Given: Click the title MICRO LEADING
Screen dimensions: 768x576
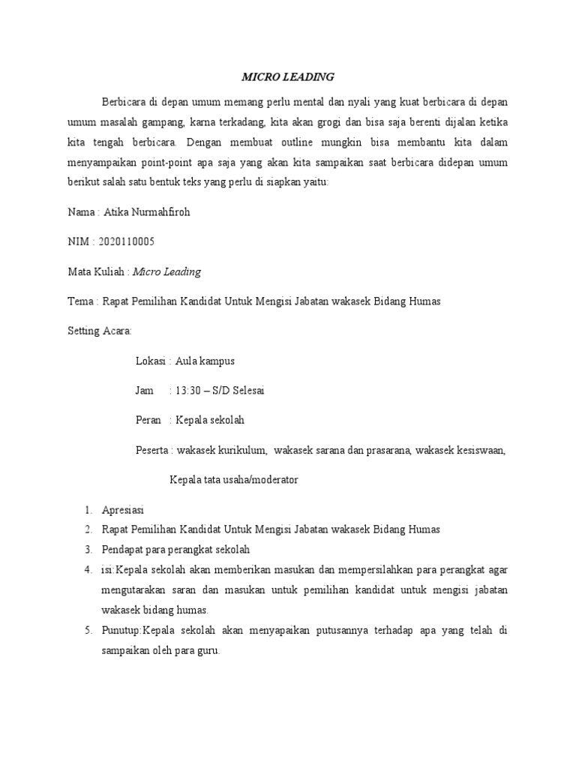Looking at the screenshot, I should pyautogui.click(x=287, y=76).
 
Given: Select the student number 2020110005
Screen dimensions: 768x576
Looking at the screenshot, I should pyautogui.click(x=127, y=241).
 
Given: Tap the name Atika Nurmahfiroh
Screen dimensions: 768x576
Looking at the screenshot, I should pyautogui.click(x=148, y=212).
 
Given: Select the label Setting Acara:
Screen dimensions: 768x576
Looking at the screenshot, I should pyautogui.click(x=100, y=331).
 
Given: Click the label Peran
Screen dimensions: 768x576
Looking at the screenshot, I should pyautogui.click(x=148, y=420).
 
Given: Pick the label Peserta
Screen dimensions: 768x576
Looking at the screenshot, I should pyautogui.click(x=152, y=450).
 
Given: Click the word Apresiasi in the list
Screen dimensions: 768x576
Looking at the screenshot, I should pyautogui.click(x=123, y=509).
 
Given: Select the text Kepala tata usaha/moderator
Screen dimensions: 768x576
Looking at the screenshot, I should pyautogui.click(x=234, y=480).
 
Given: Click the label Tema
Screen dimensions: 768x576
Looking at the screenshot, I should pyautogui.click(x=79, y=301).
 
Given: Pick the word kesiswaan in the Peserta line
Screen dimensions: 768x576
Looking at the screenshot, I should pyautogui.click(x=481, y=450).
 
